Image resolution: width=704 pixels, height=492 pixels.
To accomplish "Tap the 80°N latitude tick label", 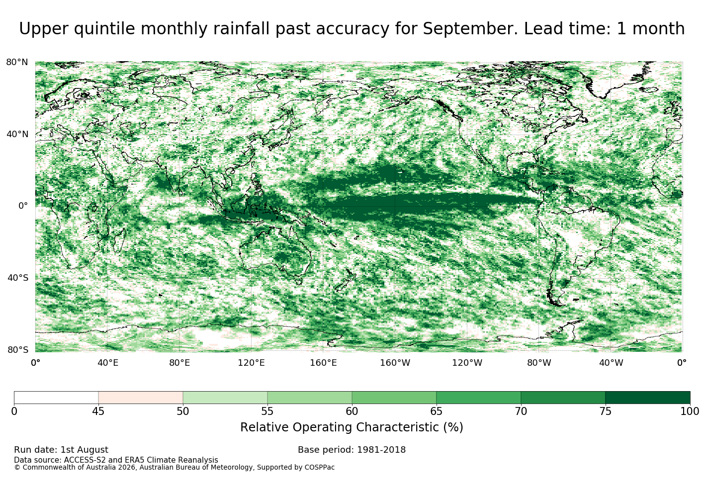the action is [17, 62].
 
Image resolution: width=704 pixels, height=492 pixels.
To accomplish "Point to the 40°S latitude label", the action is [17, 278].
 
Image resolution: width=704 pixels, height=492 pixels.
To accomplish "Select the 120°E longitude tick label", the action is [251, 363].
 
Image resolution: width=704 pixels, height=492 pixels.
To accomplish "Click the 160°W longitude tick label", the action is [395, 363].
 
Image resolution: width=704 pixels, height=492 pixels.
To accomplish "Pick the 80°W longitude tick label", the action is [539, 363].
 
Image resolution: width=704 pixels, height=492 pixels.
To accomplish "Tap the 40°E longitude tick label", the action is [107, 363].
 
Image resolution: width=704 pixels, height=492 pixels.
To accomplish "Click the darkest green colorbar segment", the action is [648, 398].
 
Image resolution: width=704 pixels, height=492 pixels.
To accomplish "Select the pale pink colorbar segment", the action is [141, 398].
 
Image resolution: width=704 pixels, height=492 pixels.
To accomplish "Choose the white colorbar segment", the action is [56, 398].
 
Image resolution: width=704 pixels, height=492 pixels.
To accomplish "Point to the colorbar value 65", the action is [436, 411].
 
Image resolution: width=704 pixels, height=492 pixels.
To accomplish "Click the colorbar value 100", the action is [690, 411].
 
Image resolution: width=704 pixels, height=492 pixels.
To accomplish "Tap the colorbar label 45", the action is [98, 411].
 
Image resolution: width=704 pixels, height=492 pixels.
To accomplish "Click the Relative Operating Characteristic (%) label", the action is [352, 427].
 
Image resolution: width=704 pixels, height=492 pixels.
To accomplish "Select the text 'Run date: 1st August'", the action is [61, 450].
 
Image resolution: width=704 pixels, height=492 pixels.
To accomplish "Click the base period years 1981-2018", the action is [381, 450].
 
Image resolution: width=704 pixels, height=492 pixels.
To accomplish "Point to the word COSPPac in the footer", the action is [319, 467].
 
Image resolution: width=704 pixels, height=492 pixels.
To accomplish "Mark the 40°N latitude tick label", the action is [17, 134].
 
